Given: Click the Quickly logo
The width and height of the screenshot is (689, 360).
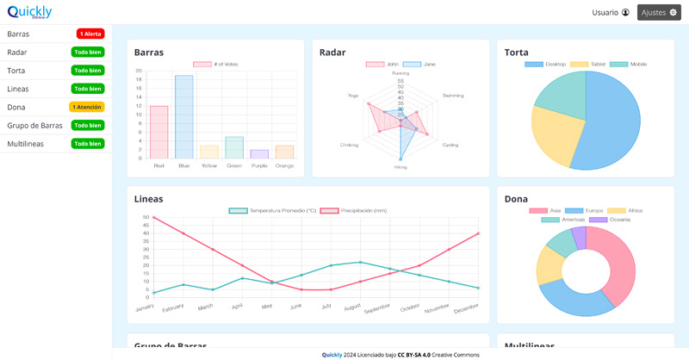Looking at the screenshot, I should pos(29,12).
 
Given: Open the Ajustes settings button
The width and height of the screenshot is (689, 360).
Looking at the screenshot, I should pos(659,12).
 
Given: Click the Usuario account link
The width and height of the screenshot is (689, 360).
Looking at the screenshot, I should pos(611,12).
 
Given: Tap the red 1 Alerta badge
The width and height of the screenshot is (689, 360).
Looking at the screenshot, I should pos(90,34).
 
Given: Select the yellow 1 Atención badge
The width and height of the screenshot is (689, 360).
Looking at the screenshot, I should pos(87,107).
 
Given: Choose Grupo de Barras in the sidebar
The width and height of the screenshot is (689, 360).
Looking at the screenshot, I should pos(34,125).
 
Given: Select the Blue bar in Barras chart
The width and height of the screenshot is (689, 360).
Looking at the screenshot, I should pos(183,117).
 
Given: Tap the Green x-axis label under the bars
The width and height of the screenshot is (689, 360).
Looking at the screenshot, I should pos(234,165).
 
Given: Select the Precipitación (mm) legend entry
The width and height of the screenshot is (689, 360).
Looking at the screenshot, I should pos(355,210).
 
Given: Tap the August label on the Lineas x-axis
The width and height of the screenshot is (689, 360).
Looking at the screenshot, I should pos(352,307).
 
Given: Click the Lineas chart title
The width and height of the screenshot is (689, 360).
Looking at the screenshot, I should pos(148,199).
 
